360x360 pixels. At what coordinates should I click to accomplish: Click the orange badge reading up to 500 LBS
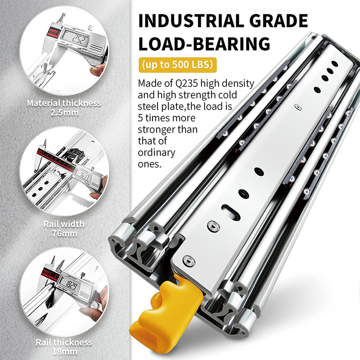click(176, 64)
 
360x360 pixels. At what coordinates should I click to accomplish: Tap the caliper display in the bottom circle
click(70, 284)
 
